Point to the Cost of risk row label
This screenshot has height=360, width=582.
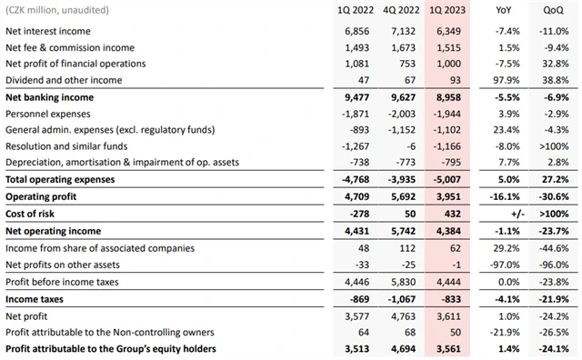(x=34, y=213)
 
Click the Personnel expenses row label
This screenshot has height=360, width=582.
(x=49, y=113)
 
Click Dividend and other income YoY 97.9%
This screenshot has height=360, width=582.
(x=505, y=80)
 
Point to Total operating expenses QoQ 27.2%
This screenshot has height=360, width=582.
(x=554, y=179)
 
